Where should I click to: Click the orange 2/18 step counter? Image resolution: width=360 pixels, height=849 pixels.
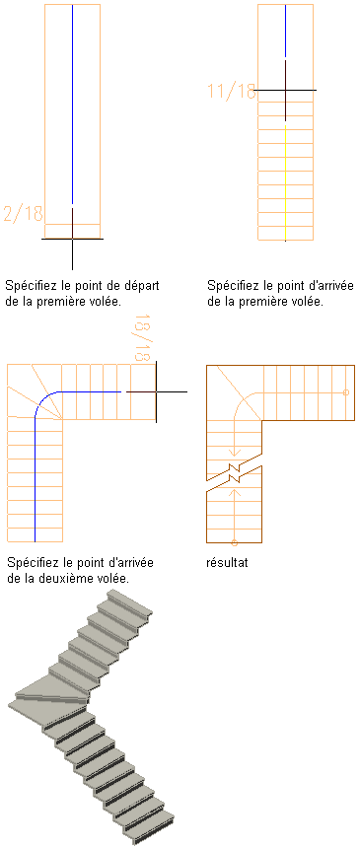coord(23,213)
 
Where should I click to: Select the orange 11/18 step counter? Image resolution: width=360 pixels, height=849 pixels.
coord(232,91)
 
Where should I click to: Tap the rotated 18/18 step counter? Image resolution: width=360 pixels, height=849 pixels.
coord(142,338)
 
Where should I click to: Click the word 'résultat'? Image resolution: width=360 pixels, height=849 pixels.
coord(227,563)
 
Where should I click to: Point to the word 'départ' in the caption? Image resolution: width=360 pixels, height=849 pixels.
coord(143,285)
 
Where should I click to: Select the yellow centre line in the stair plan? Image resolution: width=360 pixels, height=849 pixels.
coord(285,183)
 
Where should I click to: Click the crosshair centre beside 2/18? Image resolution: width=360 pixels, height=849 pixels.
coord(72,239)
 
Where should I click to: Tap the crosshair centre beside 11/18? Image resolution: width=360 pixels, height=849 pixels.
coord(285,90)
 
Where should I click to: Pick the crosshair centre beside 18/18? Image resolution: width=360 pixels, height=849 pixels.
coord(156,390)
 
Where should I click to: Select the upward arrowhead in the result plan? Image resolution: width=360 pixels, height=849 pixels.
coord(235,493)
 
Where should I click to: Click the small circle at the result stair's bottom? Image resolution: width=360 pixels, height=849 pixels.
coord(235,542)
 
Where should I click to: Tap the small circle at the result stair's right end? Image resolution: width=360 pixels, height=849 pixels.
coord(346,392)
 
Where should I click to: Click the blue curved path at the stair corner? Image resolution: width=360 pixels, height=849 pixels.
coord(44,399)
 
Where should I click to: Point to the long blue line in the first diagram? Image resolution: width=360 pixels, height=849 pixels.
coord(72,104)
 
